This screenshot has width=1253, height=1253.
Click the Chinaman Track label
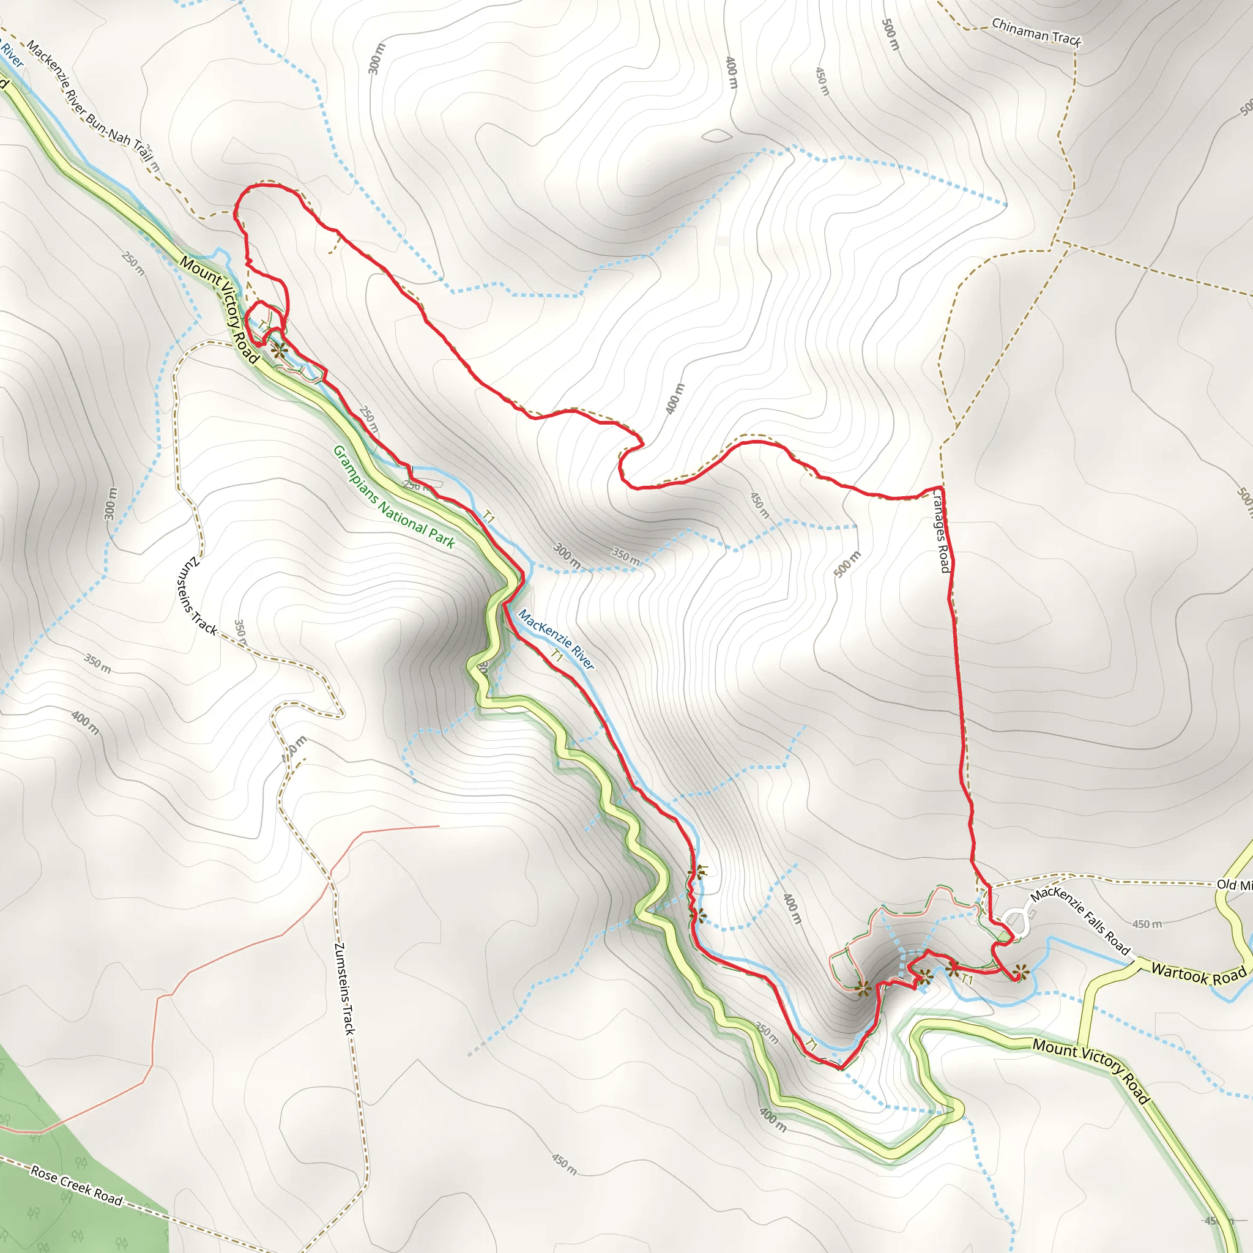click(x=1036, y=32)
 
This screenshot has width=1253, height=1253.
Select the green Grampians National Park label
click(x=393, y=496)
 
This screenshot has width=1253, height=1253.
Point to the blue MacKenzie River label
click(x=556, y=639)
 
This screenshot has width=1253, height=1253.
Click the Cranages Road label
click(x=940, y=530)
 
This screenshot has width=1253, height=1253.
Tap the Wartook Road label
click(x=1199, y=975)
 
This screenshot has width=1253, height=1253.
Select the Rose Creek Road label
click(x=76, y=1186)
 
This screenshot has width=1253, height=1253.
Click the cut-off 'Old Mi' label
click(x=1233, y=885)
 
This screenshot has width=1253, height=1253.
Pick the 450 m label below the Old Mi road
click(x=1147, y=924)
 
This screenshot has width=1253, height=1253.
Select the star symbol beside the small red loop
click(x=279, y=351)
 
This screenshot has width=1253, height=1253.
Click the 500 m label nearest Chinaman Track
click(x=890, y=34)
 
